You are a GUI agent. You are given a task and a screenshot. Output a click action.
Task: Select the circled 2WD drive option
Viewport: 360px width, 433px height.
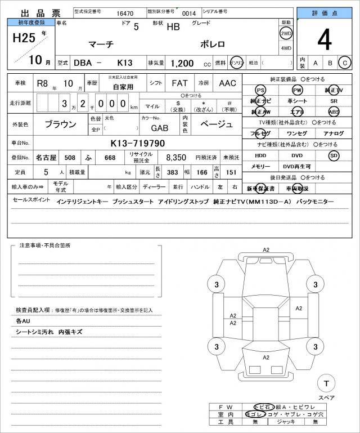pyautogui.click(x=286, y=34)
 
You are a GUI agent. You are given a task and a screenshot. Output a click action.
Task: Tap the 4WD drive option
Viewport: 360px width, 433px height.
pyautogui.click(x=286, y=48)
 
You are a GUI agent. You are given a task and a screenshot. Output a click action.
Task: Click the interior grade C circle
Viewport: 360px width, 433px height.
pyautogui.click(x=344, y=63)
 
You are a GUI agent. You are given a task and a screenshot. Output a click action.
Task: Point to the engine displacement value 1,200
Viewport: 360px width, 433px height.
pyautogui.click(x=183, y=63)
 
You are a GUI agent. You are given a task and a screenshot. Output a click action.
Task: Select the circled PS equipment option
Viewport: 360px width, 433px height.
pyautogui.click(x=260, y=90)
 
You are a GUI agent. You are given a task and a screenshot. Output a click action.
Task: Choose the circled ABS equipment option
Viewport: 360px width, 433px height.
pyautogui.click(x=334, y=111)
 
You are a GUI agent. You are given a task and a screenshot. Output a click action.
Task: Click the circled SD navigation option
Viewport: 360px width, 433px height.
pyautogui.click(x=334, y=155)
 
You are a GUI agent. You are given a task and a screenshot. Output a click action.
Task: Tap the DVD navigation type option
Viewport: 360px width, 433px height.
pyautogui.click(x=297, y=155)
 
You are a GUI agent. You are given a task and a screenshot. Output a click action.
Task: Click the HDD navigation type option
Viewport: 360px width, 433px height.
pyautogui.click(x=260, y=155)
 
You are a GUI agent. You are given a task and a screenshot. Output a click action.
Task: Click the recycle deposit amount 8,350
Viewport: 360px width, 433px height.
pyautogui.click(x=172, y=158)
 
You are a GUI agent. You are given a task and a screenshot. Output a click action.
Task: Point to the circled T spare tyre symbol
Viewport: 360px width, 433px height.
pyautogui.click(x=325, y=383)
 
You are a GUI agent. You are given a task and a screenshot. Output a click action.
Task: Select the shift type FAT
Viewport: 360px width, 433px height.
pyautogui.click(x=179, y=83)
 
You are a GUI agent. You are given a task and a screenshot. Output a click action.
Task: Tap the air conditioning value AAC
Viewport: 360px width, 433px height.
pyautogui.click(x=227, y=83)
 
